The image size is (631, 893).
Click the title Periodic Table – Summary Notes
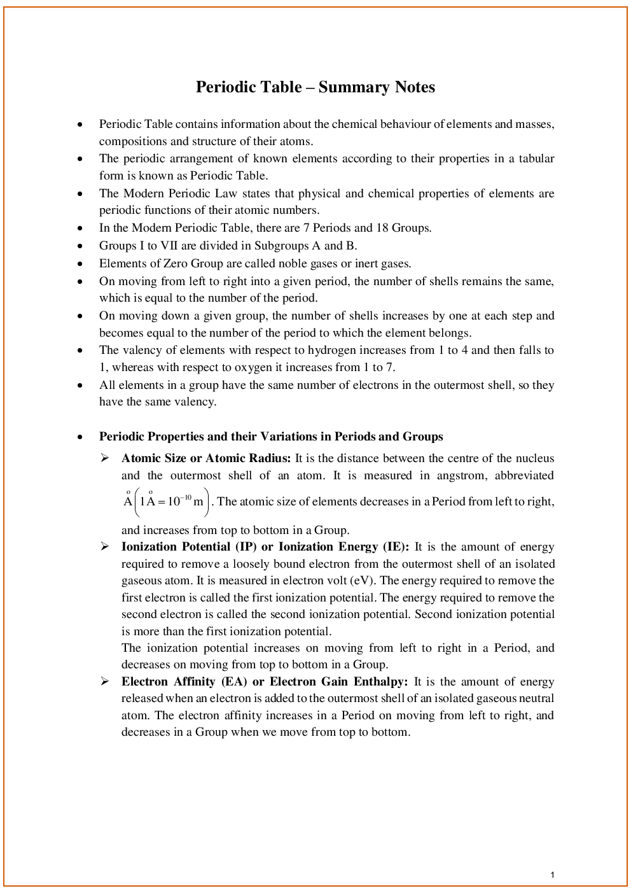coord(315,87)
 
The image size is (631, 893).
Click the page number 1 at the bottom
coord(552,875)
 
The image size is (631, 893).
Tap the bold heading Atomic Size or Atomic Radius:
coord(206,458)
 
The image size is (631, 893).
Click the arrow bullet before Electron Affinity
coord(105,682)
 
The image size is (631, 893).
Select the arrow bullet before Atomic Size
coord(105,458)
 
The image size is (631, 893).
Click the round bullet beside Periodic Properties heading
coord(80,437)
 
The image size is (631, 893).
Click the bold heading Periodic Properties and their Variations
coord(271,437)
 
